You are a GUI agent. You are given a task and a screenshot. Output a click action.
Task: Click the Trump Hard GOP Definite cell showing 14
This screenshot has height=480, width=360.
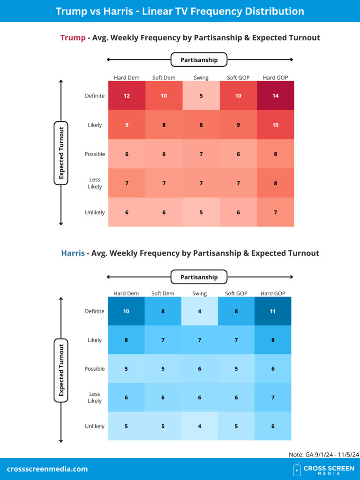click(276, 96)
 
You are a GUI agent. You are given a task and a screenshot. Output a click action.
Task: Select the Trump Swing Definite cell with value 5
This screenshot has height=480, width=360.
click(201, 96)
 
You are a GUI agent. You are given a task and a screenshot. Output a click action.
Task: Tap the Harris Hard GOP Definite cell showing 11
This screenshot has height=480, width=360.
click(272, 311)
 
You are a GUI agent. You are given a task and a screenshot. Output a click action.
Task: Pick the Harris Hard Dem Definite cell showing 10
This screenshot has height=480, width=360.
click(126, 311)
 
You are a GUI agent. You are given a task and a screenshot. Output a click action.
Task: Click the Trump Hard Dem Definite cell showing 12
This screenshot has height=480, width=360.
click(127, 96)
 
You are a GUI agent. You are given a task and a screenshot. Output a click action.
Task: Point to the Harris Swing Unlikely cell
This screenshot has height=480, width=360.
click(200, 426)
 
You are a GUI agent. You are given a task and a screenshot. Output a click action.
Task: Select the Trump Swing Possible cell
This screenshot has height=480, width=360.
click(201, 154)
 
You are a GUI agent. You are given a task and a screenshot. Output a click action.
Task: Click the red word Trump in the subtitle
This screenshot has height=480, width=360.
click(72, 37)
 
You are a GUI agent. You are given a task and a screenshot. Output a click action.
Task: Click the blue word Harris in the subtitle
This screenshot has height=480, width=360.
click(73, 253)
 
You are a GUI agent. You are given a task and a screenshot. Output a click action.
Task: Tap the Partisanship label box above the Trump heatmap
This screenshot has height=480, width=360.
click(199, 60)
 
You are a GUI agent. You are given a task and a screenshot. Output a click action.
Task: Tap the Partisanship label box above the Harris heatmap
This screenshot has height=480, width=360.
click(199, 277)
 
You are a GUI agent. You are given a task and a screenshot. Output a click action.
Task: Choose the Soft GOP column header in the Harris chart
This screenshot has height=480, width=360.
click(236, 293)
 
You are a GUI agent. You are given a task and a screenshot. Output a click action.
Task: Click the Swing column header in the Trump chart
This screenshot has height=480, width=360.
click(201, 78)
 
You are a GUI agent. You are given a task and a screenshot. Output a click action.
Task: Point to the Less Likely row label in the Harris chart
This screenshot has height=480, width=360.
click(95, 397)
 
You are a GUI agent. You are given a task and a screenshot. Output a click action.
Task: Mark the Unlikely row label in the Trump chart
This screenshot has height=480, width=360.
click(95, 212)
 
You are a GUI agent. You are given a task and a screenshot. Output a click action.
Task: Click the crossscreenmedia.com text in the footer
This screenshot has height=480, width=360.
click(47, 469)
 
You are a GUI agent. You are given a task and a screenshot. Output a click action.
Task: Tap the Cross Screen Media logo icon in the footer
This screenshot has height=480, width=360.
click(297, 469)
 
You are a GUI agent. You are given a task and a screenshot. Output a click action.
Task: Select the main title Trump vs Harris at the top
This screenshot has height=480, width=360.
click(180, 11)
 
